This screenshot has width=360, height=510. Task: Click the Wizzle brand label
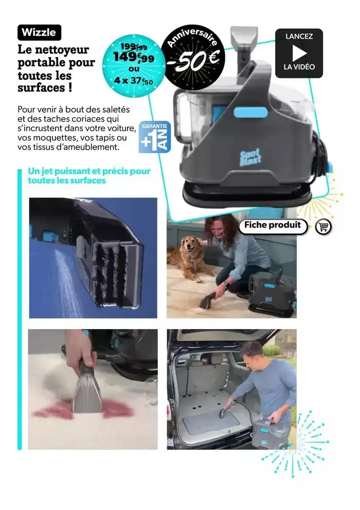pyautogui.click(x=39, y=32)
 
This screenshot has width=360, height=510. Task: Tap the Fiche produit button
pyautogui.click(x=273, y=226)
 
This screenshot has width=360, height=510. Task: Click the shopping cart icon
pyautogui.click(x=323, y=226)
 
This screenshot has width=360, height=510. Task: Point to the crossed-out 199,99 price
pyautogui.click(x=133, y=47)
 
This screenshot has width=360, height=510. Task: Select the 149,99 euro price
pyautogui.click(x=133, y=58)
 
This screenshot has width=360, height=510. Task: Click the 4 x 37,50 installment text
pyautogui.click(x=133, y=80)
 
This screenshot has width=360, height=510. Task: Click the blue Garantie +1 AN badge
pyautogui.click(x=155, y=137)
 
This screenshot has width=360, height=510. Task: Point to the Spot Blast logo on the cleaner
pyautogui.click(x=250, y=157)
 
